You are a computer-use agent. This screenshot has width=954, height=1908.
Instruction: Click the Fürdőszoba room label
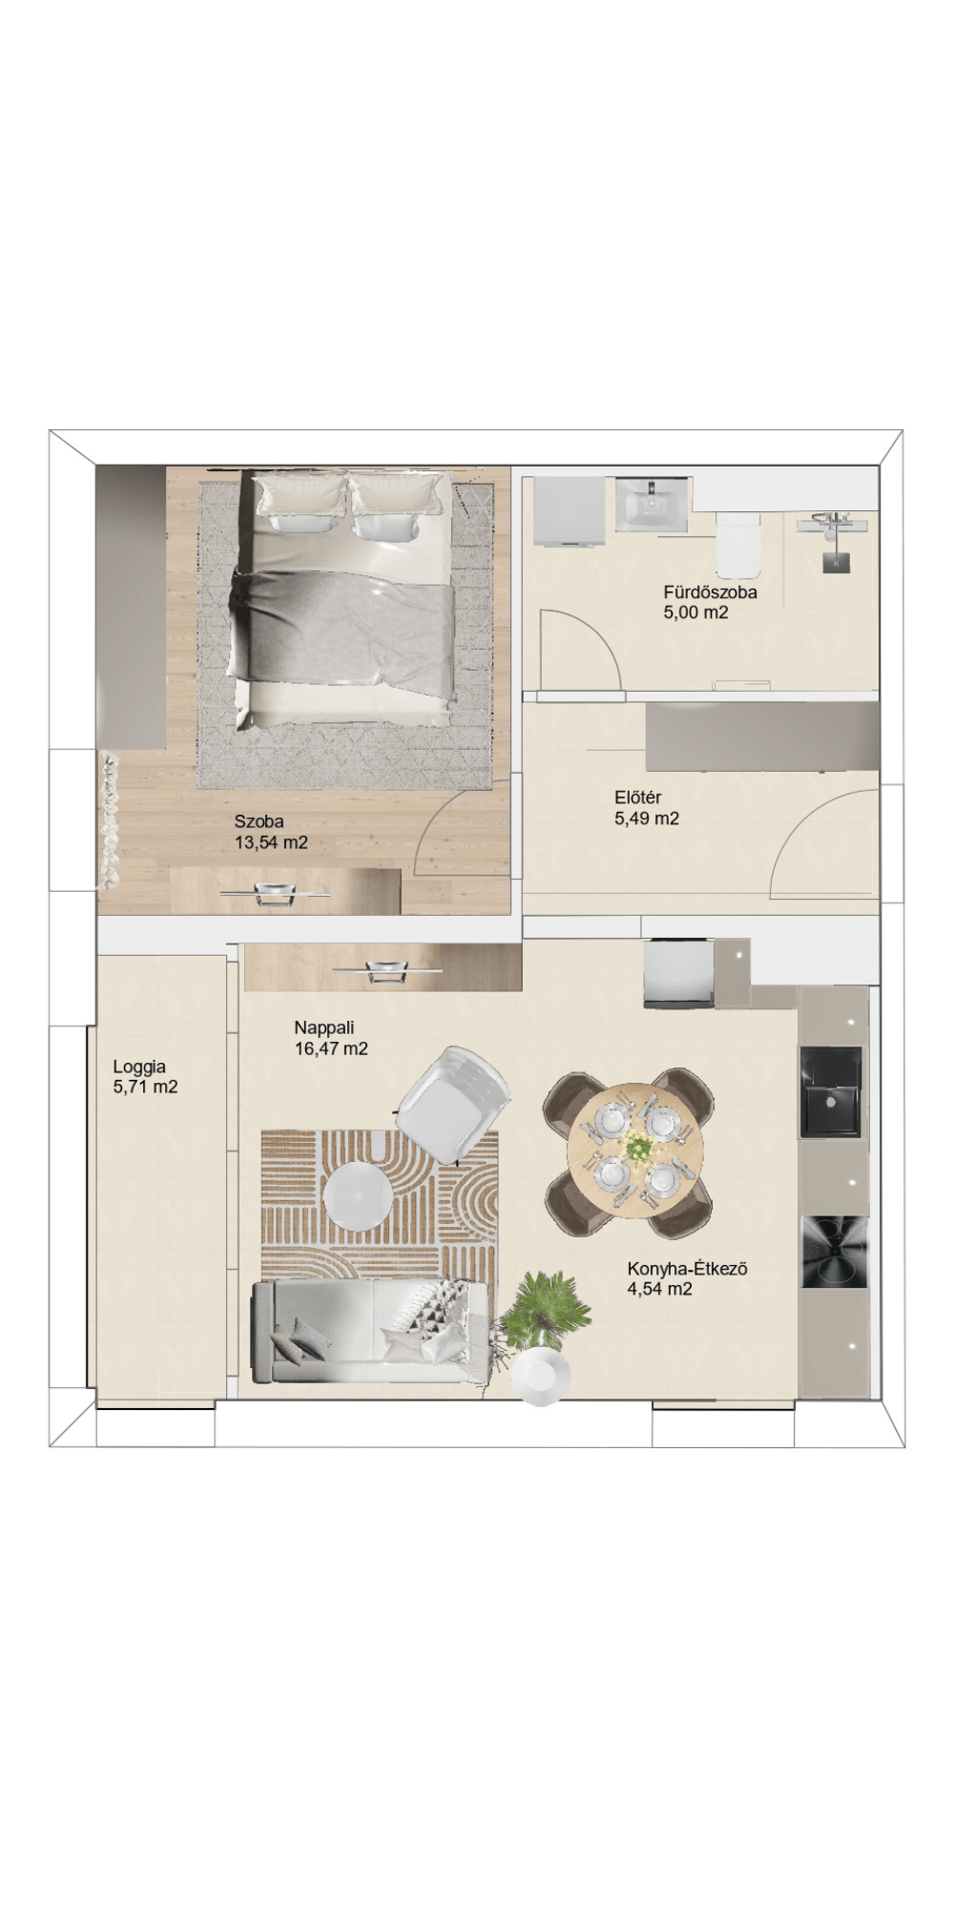click(710, 591)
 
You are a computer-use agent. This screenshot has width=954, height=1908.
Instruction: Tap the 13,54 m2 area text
click(271, 842)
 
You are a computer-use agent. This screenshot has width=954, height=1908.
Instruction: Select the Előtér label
click(638, 798)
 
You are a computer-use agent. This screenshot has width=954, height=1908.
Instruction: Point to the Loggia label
click(139, 1067)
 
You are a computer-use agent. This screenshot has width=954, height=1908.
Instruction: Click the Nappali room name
click(324, 1027)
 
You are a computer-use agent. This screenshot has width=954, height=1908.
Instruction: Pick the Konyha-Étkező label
click(687, 1269)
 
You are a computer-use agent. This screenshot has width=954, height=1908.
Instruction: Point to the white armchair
click(453, 1101)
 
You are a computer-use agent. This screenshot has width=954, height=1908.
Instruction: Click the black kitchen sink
click(830, 1091)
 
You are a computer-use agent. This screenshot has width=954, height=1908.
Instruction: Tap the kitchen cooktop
click(835, 1252)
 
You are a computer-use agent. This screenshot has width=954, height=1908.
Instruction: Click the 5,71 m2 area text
click(145, 1086)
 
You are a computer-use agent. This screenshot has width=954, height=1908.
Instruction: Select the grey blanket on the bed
click(343, 625)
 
